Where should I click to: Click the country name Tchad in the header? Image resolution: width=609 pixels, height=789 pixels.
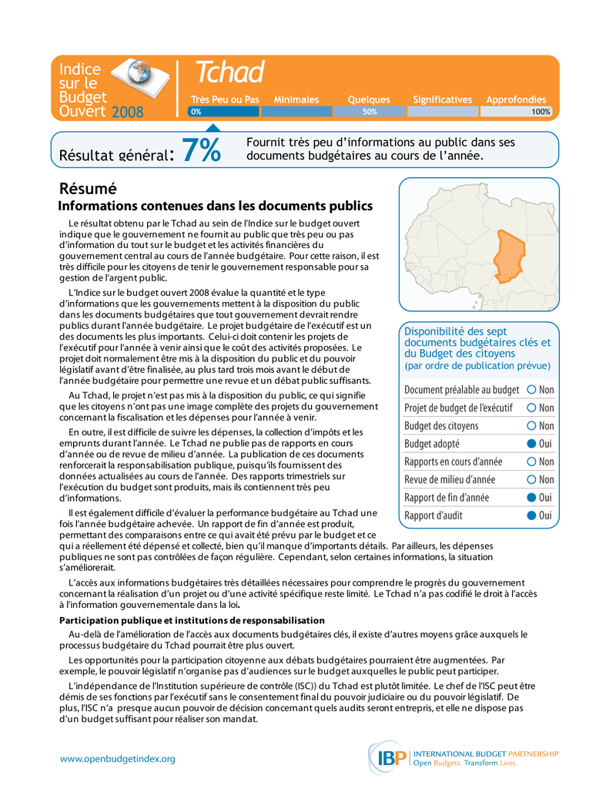point(229,73)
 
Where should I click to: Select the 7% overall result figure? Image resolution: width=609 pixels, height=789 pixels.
point(201,150)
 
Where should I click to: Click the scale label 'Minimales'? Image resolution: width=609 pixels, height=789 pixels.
point(296,100)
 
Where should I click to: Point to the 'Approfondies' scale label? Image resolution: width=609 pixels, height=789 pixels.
point(516,100)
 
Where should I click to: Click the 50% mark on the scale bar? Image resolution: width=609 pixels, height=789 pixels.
point(370,112)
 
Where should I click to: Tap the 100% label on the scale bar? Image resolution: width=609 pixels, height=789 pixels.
point(540,112)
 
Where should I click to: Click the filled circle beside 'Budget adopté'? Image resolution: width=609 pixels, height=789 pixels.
point(532,444)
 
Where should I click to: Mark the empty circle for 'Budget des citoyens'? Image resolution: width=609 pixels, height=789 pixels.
point(532,426)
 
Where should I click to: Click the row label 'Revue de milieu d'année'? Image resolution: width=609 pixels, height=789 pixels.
point(450,480)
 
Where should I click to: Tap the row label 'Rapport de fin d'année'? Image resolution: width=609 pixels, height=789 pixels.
point(447,498)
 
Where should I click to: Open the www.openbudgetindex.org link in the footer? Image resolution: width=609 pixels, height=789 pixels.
point(118,759)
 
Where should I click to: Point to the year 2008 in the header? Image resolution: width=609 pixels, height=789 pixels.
point(128,113)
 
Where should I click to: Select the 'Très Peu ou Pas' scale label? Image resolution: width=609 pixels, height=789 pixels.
point(225,100)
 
